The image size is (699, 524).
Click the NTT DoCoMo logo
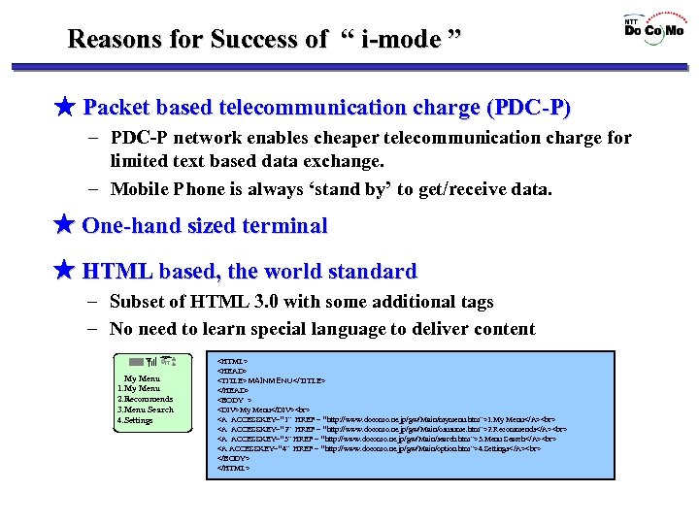(653, 27)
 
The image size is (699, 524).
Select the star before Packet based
(64, 107)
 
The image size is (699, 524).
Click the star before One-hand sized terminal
(64, 226)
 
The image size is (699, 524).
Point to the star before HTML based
(64, 271)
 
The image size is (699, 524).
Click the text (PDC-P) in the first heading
(523, 107)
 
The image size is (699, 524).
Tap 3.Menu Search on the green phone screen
(145, 409)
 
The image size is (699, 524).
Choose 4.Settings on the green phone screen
(134, 420)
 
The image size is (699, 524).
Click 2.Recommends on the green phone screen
(145, 399)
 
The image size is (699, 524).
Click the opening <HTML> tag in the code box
(233, 359)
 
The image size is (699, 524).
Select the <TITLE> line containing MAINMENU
(271, 379)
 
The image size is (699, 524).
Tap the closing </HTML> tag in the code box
(234, 468)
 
